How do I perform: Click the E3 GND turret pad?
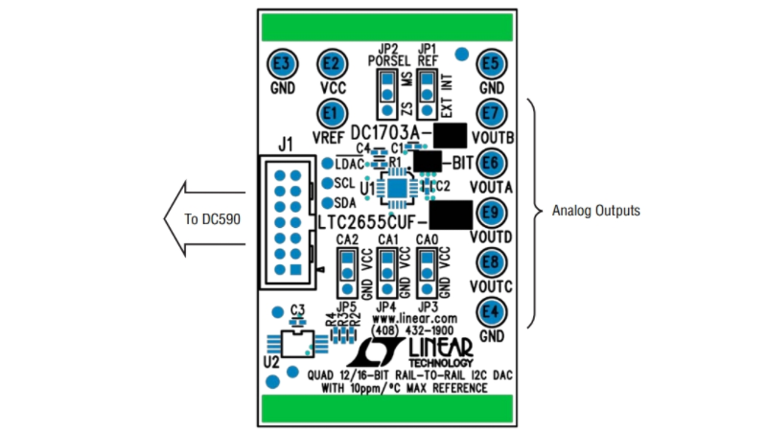[282, 63]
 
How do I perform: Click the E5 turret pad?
[492, 63]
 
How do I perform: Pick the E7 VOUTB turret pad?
[492, 113]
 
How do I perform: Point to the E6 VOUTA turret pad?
[492, 162]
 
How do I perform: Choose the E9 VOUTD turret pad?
[492, 212]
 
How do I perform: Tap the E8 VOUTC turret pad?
[492, 261]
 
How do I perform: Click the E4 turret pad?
[492, 310]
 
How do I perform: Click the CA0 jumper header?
[429, 272]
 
